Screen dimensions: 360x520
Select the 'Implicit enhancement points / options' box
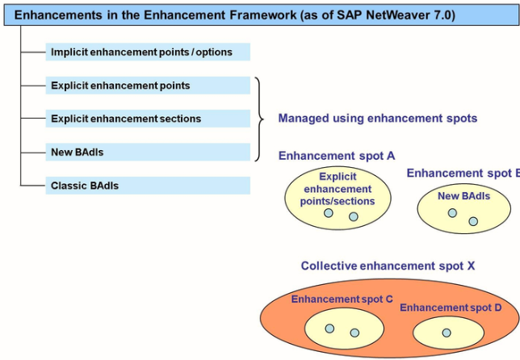[148, 52]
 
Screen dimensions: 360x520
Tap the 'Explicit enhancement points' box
[148, 86]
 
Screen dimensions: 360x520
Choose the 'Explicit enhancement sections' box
[148, 119]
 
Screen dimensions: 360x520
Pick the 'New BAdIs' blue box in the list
[148, 153]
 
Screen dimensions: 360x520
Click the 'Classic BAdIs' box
[148, 186]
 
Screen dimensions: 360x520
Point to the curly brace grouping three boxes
[259, 119]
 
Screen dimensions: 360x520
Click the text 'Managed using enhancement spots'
[378, 119]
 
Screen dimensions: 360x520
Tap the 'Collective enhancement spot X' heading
[388, 266]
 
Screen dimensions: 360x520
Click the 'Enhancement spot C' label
[342, 299]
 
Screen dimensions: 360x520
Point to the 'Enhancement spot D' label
[451, 308]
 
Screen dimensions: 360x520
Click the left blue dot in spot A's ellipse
[329, 213]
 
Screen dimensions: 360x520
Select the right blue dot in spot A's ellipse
[353, 217]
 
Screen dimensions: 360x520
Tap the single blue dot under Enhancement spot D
[447, 333]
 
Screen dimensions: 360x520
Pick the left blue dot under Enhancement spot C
[329, 329]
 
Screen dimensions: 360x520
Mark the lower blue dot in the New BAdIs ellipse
[473, 221]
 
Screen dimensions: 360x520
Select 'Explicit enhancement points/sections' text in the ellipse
[338, 189]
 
